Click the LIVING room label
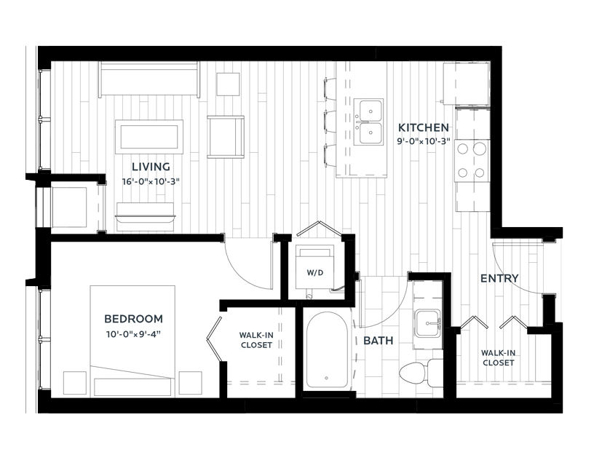pos(151,167)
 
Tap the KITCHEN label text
pos(423,127)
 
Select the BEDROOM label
pos(133,319)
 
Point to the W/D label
pos(315,273)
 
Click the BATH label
pos(378,341)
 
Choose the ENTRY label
pos(499,279)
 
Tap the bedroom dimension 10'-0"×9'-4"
pos(133,335)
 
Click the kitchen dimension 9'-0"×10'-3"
pos(423,142)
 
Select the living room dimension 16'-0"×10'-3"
pos(151,181)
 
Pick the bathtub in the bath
pos(327,349)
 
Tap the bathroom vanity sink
pos(427,323)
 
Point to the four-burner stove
pos(472,161)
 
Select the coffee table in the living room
pos(149,137)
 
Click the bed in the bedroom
pos(132,341)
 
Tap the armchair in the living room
pos(226,136)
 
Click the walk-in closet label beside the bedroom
pos(256,340)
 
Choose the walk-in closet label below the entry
pos(498,357)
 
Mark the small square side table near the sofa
pos(228,84)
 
